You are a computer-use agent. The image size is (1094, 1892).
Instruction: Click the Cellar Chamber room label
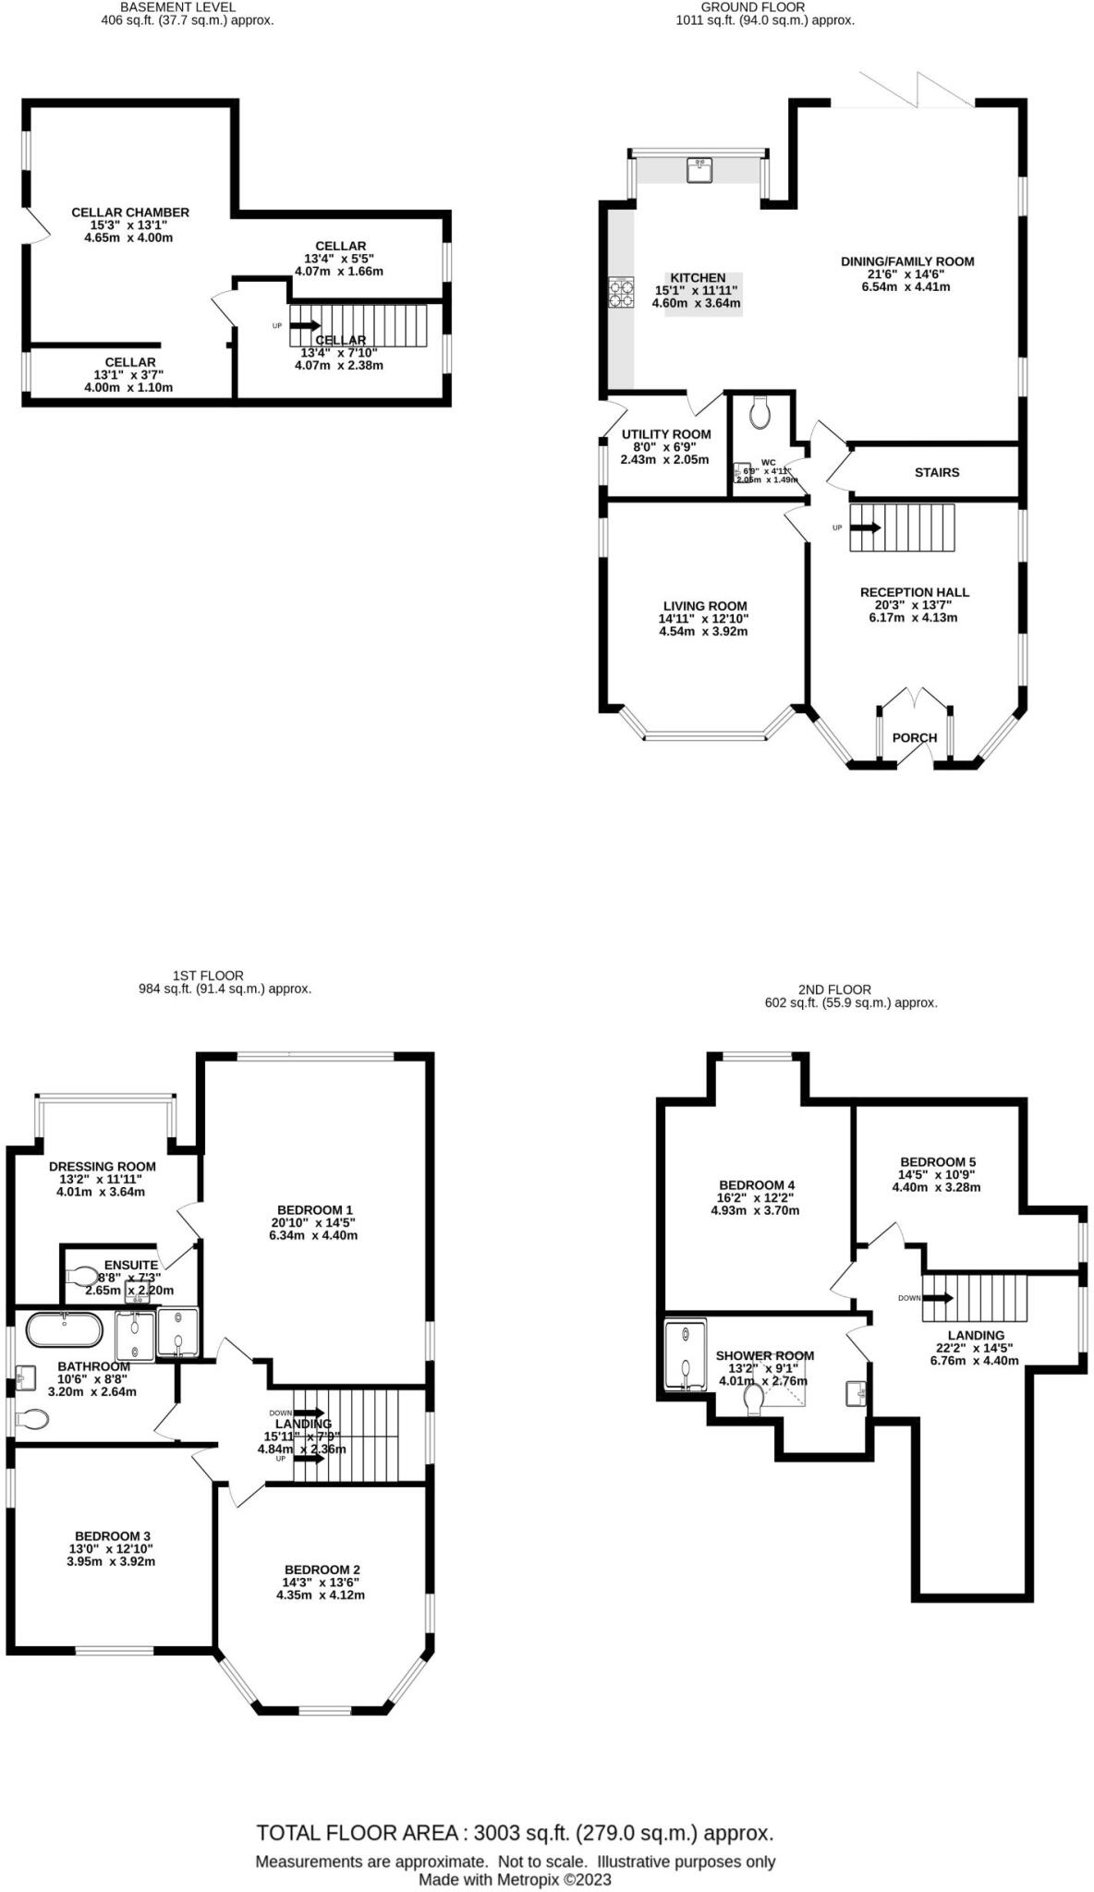[130, 212]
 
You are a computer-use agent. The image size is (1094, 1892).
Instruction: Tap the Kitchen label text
[698, 278]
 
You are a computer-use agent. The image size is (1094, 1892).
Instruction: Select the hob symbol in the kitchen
[621, 293]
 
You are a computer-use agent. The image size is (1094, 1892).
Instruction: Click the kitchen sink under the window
[699, 169]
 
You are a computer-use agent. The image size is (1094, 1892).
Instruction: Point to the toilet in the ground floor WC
[760, 413]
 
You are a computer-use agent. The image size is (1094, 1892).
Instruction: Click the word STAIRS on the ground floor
[937, 472]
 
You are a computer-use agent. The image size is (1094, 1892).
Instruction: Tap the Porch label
[915, 738]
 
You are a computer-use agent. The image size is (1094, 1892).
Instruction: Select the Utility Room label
[666, 434]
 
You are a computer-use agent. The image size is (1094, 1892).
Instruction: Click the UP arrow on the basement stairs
[306, 325]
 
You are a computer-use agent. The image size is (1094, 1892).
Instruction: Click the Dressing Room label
[102, 1167]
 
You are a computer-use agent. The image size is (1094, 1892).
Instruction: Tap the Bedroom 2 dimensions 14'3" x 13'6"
[321, 1582]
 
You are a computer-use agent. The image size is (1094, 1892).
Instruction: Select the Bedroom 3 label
[110, 1535]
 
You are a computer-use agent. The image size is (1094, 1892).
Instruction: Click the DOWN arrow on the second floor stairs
[939, 1297]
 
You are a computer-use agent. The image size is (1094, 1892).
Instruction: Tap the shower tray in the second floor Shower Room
[685, 1353]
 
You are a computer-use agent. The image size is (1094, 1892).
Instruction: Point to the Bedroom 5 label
[938, 1162]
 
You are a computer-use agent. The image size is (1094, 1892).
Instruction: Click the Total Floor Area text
[515, 1833]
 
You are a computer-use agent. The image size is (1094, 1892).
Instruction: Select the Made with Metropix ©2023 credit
[515, 1879]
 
